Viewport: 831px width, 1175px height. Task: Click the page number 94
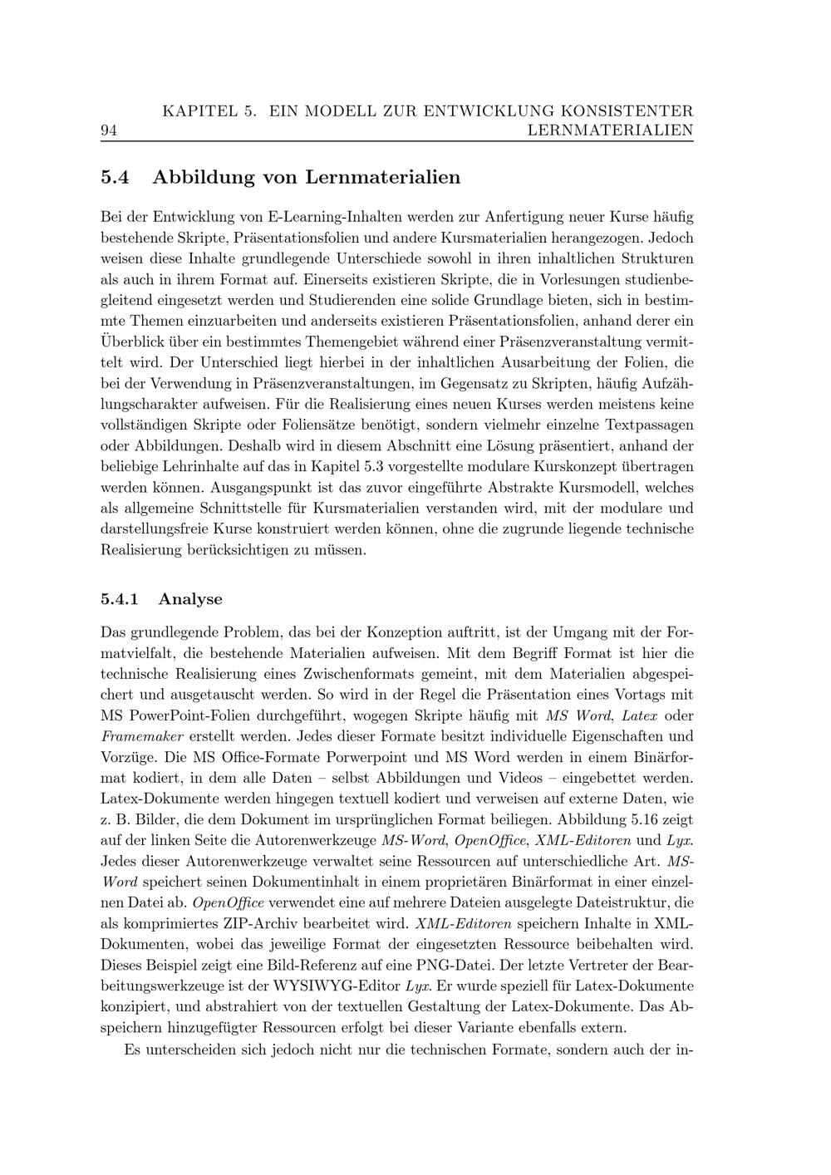pos(108,130)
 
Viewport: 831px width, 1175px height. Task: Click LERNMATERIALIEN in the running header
pos(610,130)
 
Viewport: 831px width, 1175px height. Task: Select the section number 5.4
pos(116,177)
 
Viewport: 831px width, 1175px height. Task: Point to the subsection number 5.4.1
pos(120,599)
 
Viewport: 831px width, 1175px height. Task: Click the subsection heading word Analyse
pos(190,599)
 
